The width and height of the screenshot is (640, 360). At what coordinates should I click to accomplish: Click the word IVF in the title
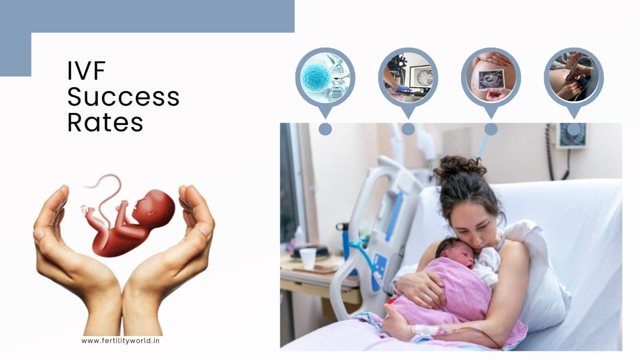[x=86, y=70]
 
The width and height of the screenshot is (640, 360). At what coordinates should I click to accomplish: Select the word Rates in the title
[x=105, y=122]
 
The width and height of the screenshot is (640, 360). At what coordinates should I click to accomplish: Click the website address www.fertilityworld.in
[x=120, y=340]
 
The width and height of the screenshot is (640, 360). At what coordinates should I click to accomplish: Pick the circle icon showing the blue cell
[x=325, y=77]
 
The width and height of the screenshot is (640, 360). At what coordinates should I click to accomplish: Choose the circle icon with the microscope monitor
[x=408, y=77]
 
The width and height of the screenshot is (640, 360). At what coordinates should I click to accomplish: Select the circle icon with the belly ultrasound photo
[x=491, y=77]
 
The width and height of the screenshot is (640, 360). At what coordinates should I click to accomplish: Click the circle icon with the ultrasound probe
[x=574, y=77]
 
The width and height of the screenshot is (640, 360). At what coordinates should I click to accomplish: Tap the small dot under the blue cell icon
[x=325, y=129]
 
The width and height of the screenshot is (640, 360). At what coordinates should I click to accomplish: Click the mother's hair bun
[x=459, y=169]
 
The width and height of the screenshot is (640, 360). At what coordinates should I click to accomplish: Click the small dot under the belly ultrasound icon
[x=491, y=129]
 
